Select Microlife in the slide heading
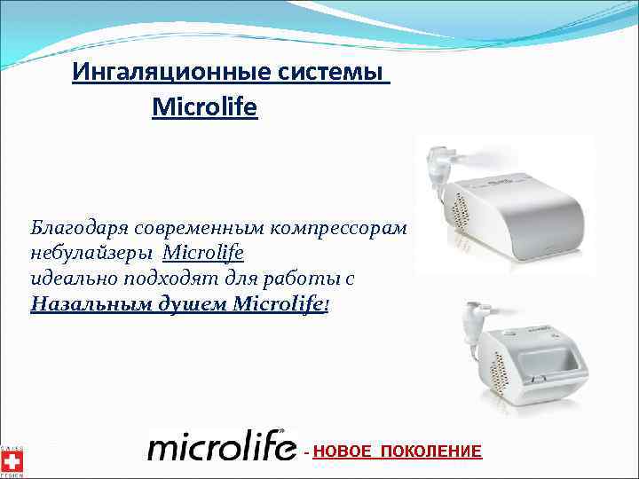(x=204, y=108)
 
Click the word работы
(x=291, y=279)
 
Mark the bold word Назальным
(x=83, y=304)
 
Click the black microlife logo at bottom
(x=222, y=447)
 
